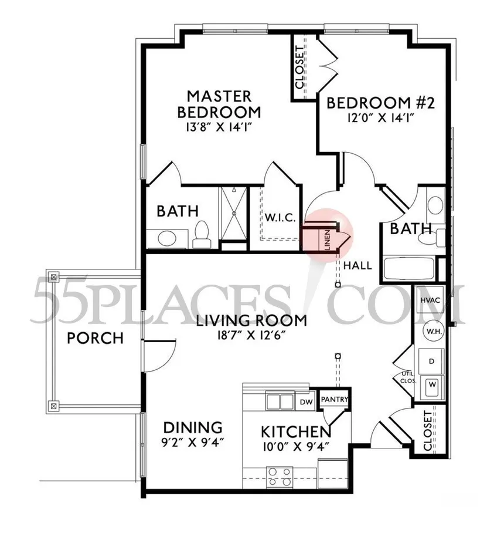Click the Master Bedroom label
(219, 104)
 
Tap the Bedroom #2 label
(379, 103)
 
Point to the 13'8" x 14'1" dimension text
(219, 127)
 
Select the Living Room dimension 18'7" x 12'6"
(251, 336)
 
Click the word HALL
(357, 265)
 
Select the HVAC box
(429, 300)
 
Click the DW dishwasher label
(306, 402)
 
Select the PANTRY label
(335, 400)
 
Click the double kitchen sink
(280, 402)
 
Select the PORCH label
(95, 339)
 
